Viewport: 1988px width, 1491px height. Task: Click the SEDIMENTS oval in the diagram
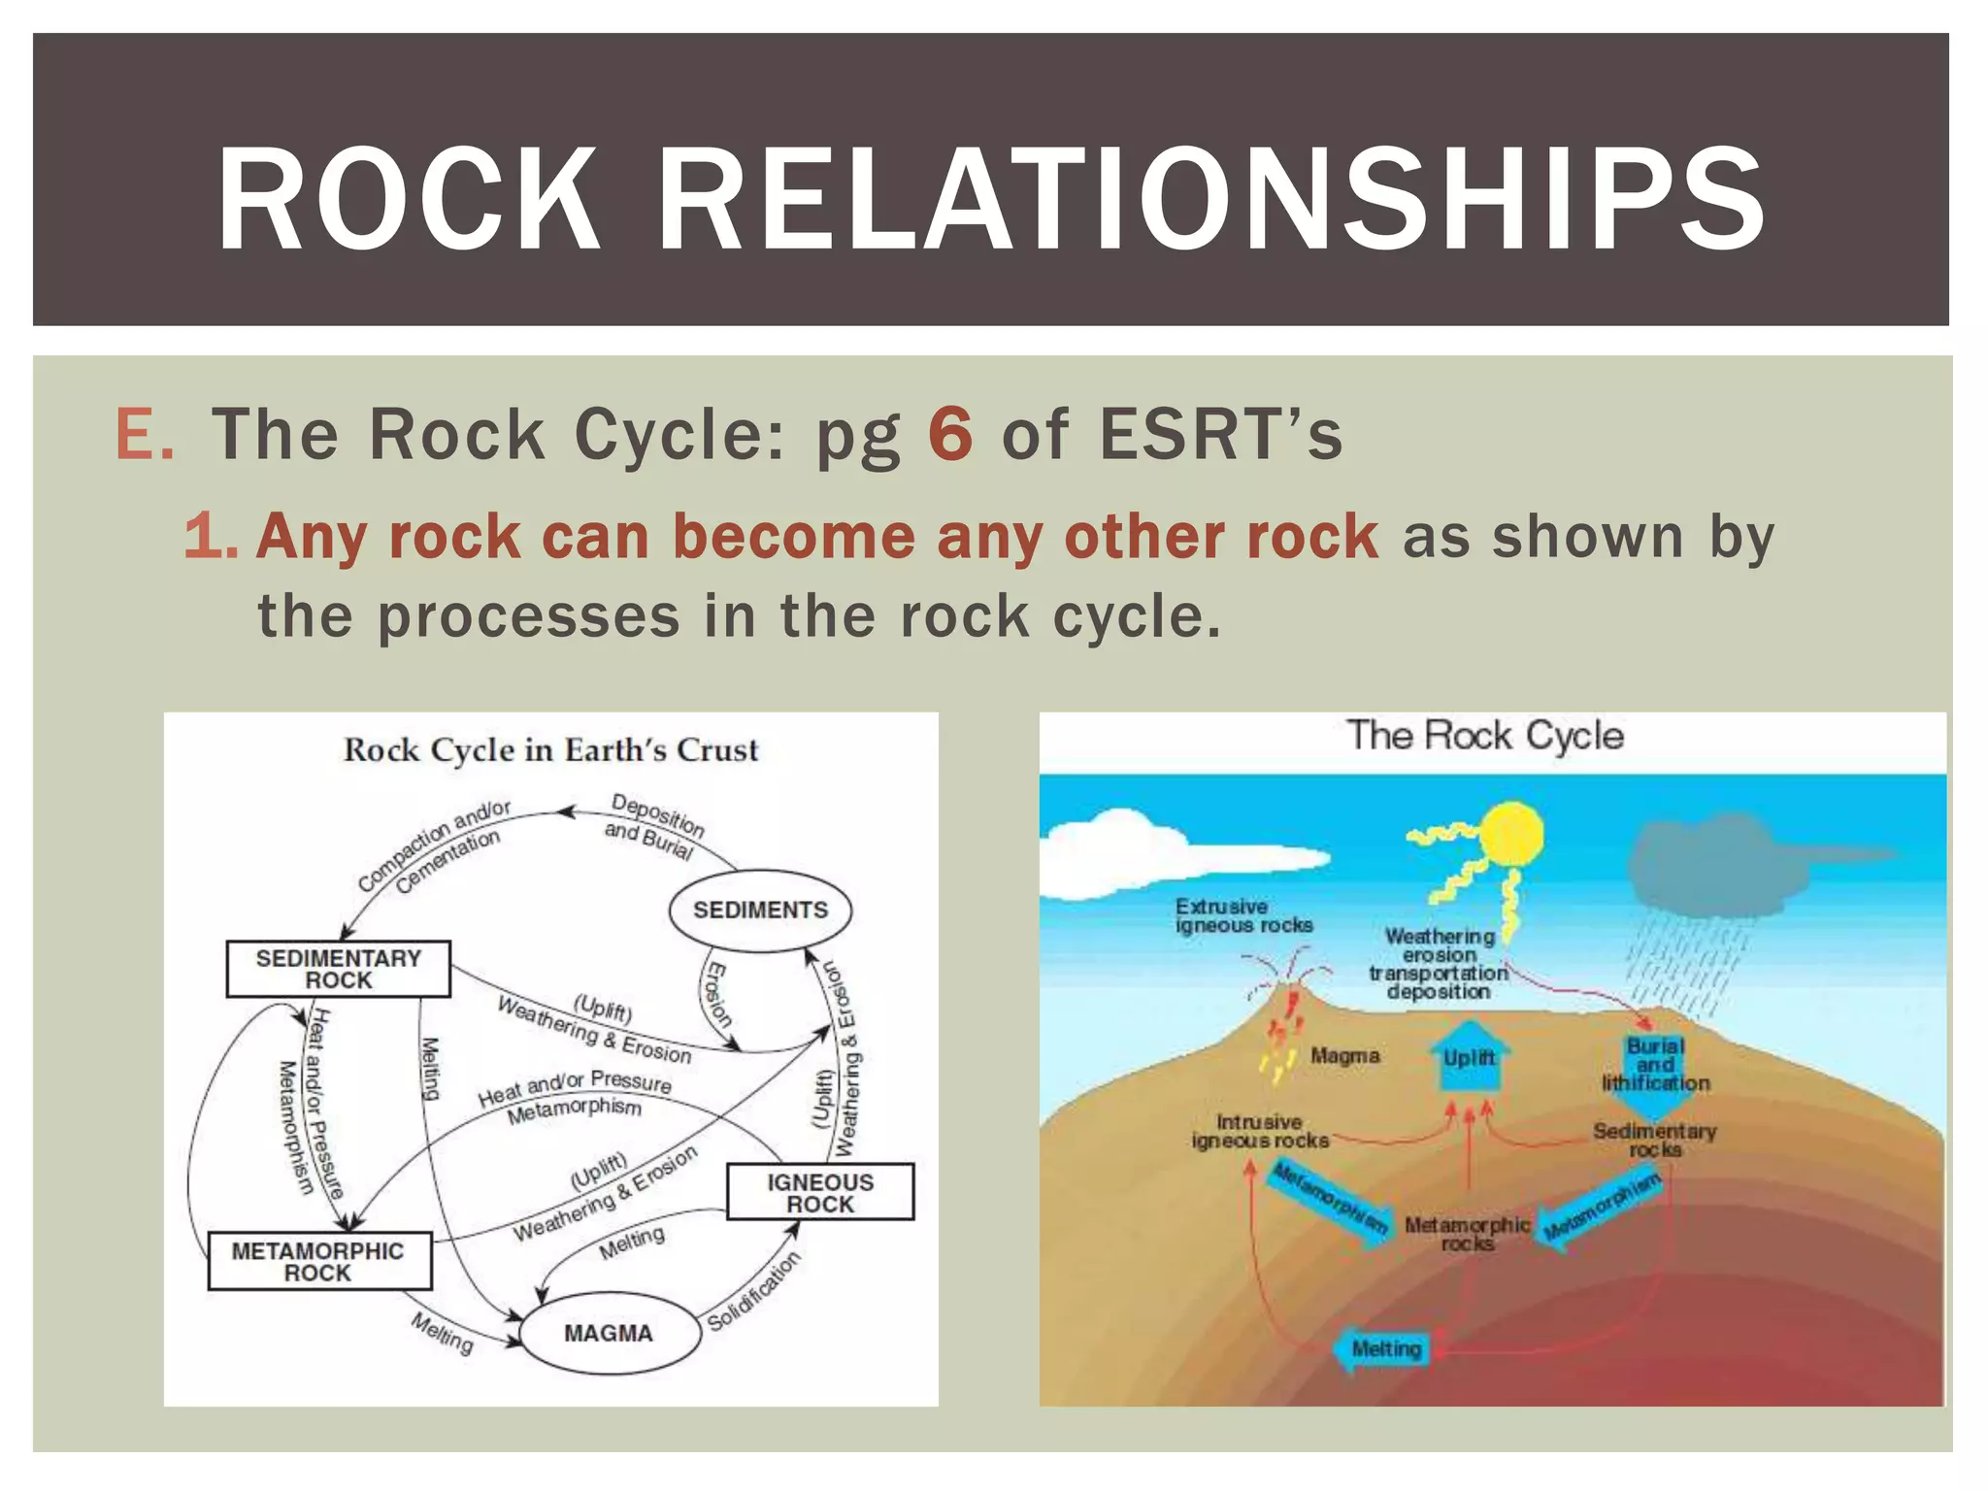760,911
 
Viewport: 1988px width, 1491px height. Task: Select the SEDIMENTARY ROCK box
338,969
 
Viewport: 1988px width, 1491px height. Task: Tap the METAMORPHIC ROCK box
318,1262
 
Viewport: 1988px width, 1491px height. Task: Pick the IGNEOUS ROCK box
820,1192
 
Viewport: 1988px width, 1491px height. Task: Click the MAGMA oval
609,1333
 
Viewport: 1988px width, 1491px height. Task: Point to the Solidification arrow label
754,1292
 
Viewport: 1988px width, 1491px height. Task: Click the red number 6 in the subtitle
949,433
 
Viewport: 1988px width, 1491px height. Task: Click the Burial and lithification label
1655,1065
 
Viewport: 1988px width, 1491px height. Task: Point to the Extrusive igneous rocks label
1242,915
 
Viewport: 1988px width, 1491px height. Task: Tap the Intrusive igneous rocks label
1259,1131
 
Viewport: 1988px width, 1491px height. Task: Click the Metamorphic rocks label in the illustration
1467,1234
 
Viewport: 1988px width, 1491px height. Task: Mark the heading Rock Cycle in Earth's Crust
550,750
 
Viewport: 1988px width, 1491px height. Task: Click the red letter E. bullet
145,434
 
